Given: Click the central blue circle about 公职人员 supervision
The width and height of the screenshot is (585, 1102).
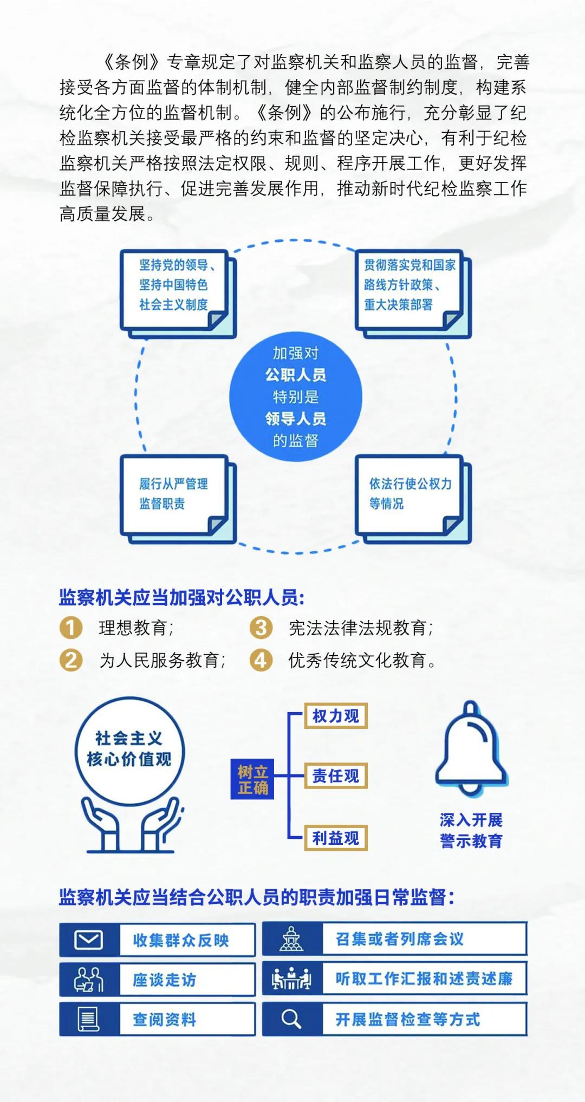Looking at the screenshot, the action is [x=295, y=396].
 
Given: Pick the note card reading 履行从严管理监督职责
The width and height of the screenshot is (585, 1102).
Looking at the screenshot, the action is [x=178, y=499].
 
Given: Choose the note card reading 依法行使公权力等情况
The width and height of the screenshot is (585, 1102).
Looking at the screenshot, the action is [x=413, y=499].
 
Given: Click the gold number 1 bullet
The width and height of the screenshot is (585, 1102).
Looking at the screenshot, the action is [x=70, y=628].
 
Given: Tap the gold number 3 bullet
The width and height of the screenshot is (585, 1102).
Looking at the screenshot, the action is [x=261, y=628].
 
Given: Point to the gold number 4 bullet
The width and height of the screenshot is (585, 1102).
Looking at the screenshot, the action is [x=261, y=660].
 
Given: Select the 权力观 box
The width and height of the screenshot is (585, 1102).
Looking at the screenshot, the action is [x=336, y=716].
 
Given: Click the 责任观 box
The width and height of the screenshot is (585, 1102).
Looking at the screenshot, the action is [x=336, y=776].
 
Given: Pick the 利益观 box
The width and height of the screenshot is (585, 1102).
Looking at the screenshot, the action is [x=336, y=838].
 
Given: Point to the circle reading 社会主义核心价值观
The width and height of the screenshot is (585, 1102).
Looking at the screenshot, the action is [x=129, y=750].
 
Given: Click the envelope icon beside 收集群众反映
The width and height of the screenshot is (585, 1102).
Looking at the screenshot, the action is [x=88, y=940].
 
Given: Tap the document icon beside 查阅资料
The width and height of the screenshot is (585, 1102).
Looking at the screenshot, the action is [x=89, y=1019].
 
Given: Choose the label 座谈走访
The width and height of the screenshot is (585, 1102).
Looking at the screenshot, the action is [x=164, y=980].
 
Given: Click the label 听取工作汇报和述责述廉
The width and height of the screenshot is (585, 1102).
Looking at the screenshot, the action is [x=424, y=979].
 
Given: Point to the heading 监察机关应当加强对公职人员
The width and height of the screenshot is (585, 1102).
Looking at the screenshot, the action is [x=182, y=598].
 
